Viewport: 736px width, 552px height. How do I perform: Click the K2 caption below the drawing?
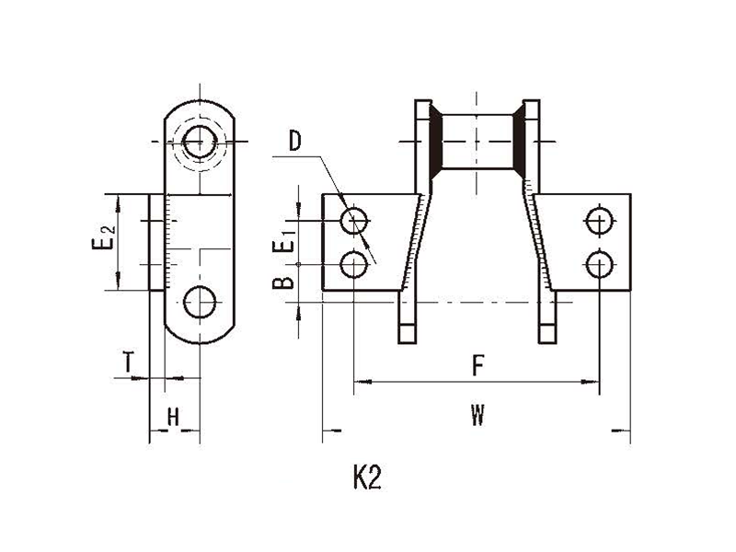pyautogui.click(x=367, y=477)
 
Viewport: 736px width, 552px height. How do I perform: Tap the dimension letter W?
pyautogui.click(x=477, y=415)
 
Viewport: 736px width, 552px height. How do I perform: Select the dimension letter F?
pyautogui.click(x=477, y=365)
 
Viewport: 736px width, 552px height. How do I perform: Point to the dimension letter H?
pyautogui.click(x=173, y=417)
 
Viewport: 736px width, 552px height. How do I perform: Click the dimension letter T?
pyautogui.click(x=128, y=362)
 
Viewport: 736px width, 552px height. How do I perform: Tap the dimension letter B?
pyautogui.click(x=283, y=282)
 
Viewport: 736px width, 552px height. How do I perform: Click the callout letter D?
pyautogui.click(x=294, y=141)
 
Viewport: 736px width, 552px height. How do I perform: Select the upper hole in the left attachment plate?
pyautogui.click(x=354, y=221)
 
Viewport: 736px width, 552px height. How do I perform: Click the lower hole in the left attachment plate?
pyautogui.click(x=353, y=264)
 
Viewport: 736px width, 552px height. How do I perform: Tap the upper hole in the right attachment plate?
pyautogui.click(x=600, y=220)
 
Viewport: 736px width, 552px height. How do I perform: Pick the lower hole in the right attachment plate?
pyautogui.click(x=599, y=264)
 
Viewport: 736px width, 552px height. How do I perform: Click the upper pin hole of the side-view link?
pyautogui.click(x=200, y=142)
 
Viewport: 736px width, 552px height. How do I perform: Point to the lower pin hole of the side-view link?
pyautogui.click(x=200, y=302)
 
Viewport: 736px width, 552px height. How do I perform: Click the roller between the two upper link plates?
pyautogui.click(x=477, y=142)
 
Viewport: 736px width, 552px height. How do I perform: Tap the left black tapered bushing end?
pyautogui.click(x=436, y=142)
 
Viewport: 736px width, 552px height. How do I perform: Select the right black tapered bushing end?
pyautogui.click(x=518, y=142)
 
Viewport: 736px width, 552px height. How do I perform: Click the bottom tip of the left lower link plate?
pyautogui.click(x=407, y=343)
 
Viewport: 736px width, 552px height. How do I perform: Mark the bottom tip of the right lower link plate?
pyautogui.click(x=546, y=343)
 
